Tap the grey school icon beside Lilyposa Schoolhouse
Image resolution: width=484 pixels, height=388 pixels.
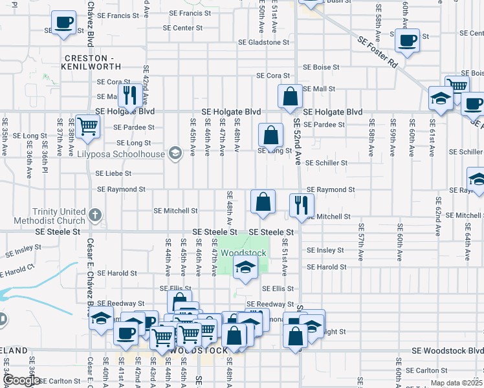click(174, 153)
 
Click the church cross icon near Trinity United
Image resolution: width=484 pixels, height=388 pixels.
click(95, 214)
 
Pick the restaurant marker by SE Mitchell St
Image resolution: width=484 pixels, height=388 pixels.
click(302, 205)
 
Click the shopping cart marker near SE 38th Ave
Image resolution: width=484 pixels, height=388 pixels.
click(87, 125)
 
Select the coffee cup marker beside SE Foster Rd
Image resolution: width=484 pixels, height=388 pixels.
click(407, 40)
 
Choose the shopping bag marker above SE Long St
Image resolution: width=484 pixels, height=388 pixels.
click(271, 135)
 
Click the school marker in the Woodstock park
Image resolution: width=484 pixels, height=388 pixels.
click(245, 267)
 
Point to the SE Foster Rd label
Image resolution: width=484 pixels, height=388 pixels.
click(378, 52)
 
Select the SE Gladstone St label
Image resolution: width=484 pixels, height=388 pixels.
click(263, 43)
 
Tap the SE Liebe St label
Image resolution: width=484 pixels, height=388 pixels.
click(114, 173)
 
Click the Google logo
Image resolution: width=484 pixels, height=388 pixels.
click(21, 380)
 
